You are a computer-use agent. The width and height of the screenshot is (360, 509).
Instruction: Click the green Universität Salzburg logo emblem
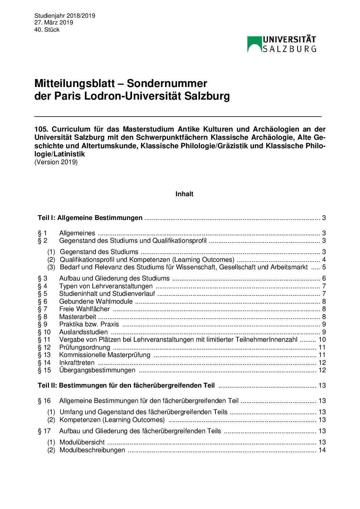click(x=254, y=44)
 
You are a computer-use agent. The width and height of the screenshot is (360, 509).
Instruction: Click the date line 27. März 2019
click(x=53, y=22)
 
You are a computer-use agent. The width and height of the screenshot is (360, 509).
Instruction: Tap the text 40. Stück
click(x=47, y=30)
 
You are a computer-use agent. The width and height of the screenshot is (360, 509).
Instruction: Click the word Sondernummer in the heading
click(x=167, y=83)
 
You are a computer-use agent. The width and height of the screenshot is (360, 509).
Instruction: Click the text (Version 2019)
click(x=56, y=162)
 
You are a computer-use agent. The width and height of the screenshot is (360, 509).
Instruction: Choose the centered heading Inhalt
click(x=184, y=194)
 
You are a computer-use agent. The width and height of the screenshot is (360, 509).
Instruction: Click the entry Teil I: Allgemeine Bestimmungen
click(x=90, y=218)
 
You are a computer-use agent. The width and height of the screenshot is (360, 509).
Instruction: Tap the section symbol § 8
click(x=43, y=317)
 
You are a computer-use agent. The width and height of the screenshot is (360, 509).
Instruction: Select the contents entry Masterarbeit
click(x=78, y=317)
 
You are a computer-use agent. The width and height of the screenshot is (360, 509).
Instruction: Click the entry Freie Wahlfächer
click(x=84, y=309)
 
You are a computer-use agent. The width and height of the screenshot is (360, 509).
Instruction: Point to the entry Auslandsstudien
click(x=83, y=332)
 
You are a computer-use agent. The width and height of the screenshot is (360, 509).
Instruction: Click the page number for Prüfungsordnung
click(x=322, y=347)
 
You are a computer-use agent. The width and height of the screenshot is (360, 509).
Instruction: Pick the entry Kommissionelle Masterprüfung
click(x=104, y=355)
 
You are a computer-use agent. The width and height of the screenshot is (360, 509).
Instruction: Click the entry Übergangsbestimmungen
click(x=97, y=370)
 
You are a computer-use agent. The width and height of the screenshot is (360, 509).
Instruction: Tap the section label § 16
click(x=44, y=401)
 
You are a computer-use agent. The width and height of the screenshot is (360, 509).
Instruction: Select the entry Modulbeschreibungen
click(x=92, y=450)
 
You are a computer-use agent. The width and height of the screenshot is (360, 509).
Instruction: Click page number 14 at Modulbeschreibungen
click(x=322, y=450)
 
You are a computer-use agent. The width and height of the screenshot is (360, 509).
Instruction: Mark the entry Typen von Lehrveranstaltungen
click(x=106, y=286)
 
